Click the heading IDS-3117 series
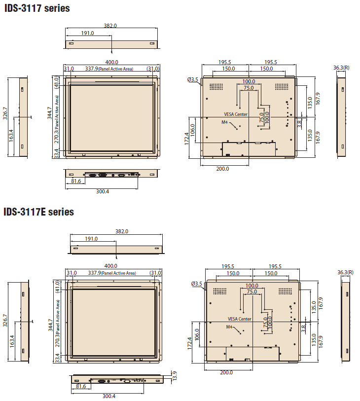[37, 8]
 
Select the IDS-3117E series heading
[39, 212]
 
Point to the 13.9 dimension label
[175, 376]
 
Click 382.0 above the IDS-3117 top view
[110, 26]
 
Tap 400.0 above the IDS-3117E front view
[110, 266]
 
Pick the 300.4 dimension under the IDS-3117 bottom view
[103, 191]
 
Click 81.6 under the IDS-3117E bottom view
[81, 386]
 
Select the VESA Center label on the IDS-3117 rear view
[236, 114]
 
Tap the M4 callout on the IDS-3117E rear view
[229, 327]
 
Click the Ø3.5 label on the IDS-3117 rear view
[193, 79]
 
